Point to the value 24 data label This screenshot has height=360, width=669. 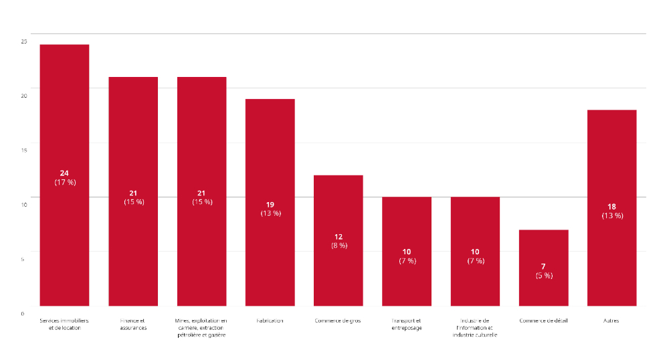(64, 173)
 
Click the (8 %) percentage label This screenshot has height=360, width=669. (339, 246)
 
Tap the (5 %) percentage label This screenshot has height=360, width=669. (543, 275)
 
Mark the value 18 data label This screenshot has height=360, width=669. (611, 207)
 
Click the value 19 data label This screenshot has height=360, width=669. (270, 205)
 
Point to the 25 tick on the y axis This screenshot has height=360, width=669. (24, 41)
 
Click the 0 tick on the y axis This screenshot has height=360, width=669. (23, 313)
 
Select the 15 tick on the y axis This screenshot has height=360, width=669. (24, 150)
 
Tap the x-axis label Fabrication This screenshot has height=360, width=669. (270, 321)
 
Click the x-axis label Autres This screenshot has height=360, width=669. (611, 321)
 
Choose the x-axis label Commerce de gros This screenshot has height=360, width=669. (338, 321)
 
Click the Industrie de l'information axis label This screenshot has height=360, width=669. (475, 328)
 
